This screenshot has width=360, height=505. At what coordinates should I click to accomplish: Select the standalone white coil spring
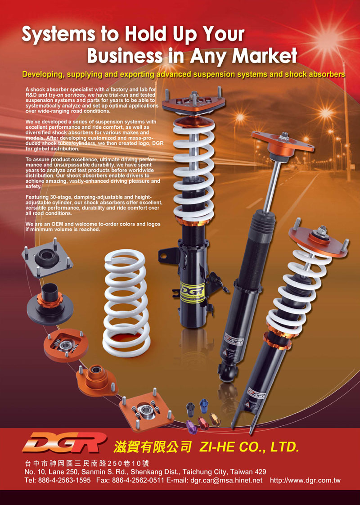coord(126,304)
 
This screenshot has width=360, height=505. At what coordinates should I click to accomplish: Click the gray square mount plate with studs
coord(47,257)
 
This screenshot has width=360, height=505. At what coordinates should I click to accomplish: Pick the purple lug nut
coord(191,426)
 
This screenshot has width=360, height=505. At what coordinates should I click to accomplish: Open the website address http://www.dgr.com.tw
coord(305,480)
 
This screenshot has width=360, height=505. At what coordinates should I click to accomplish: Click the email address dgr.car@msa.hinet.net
coord(226,480)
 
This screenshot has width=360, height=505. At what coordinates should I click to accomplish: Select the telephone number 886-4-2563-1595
coord(64,480)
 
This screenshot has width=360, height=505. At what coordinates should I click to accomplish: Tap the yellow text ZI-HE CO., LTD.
coord(249,446)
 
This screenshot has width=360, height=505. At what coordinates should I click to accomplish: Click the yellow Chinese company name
coord(152,446)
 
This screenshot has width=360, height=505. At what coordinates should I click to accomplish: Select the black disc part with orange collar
coord(50,304)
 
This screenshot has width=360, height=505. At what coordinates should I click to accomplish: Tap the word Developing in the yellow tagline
coord(41,74)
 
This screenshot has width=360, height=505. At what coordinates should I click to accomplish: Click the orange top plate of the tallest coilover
coord(193,103)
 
